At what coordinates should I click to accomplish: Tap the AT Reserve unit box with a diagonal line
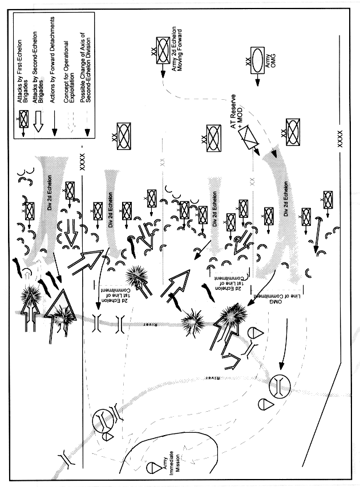click(x=247, y=137)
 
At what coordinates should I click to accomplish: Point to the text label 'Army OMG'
click(x=271, y=59)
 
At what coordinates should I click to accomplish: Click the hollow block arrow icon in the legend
click(x=37, y=121)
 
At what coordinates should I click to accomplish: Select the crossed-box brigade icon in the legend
click(x=23, y=120)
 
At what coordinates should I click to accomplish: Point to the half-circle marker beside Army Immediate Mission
click(x=151, y=468)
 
